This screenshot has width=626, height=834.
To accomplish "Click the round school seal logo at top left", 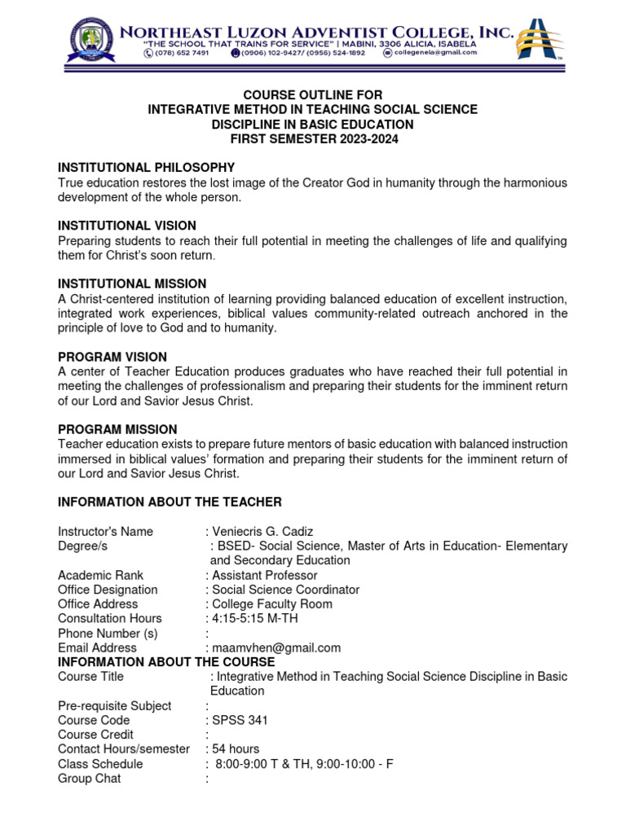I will pyautogui.click(x=91, y=42).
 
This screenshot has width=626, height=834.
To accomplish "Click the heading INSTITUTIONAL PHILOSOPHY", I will pyautogui.click(x=146, y=167).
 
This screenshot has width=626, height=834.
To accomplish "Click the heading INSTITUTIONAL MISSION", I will pyautogui.click(x=132, y=283).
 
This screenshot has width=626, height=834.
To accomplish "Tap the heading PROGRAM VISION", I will pyautogui.click(x=112, y=357).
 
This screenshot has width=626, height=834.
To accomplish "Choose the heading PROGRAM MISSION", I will pyautogui.click(x=117, y=429).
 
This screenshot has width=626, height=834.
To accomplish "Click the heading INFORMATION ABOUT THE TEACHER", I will pyautogui.click(x=170, y=502).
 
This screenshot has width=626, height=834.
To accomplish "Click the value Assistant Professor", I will pyautogui.click(x=264, y=575).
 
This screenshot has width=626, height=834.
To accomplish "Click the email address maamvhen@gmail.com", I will pyautogui.click(x=276, y=648).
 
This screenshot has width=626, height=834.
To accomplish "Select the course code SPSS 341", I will pyautogui.click(x=240, y=720).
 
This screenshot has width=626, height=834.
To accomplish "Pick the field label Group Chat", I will pyautogui.click(x=89, y=779).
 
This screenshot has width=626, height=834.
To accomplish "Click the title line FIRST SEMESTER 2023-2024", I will pyautogui.click(x=312, y=138).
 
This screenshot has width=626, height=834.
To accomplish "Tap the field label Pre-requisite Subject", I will pyautogui.click(x=114, y=705).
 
